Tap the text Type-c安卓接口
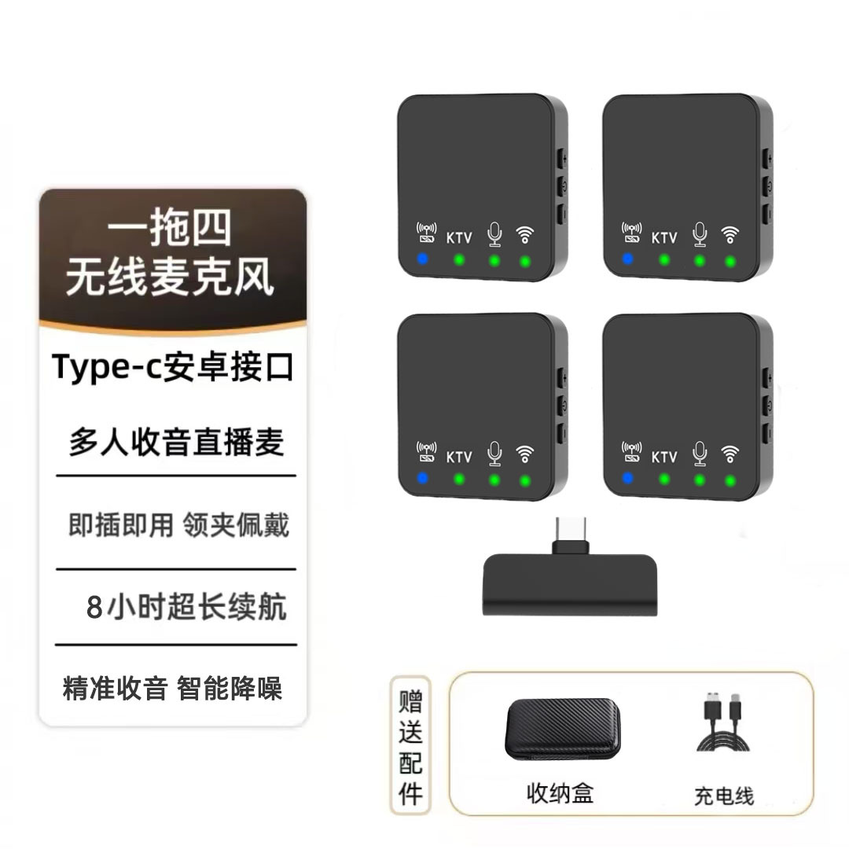coord(173,368)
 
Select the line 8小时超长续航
coord(186,608)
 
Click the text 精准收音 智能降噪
coord(172,689)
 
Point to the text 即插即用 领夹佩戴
coord(178,525)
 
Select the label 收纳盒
coord(560,792)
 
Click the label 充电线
coord(723,796)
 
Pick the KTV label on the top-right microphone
coord(664,237)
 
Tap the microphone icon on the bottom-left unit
coord(494,454)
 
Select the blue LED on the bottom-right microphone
coord(627,477)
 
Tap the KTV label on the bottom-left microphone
coord(459,457)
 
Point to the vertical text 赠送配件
coord(410,745)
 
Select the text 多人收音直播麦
coord(176,443)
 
